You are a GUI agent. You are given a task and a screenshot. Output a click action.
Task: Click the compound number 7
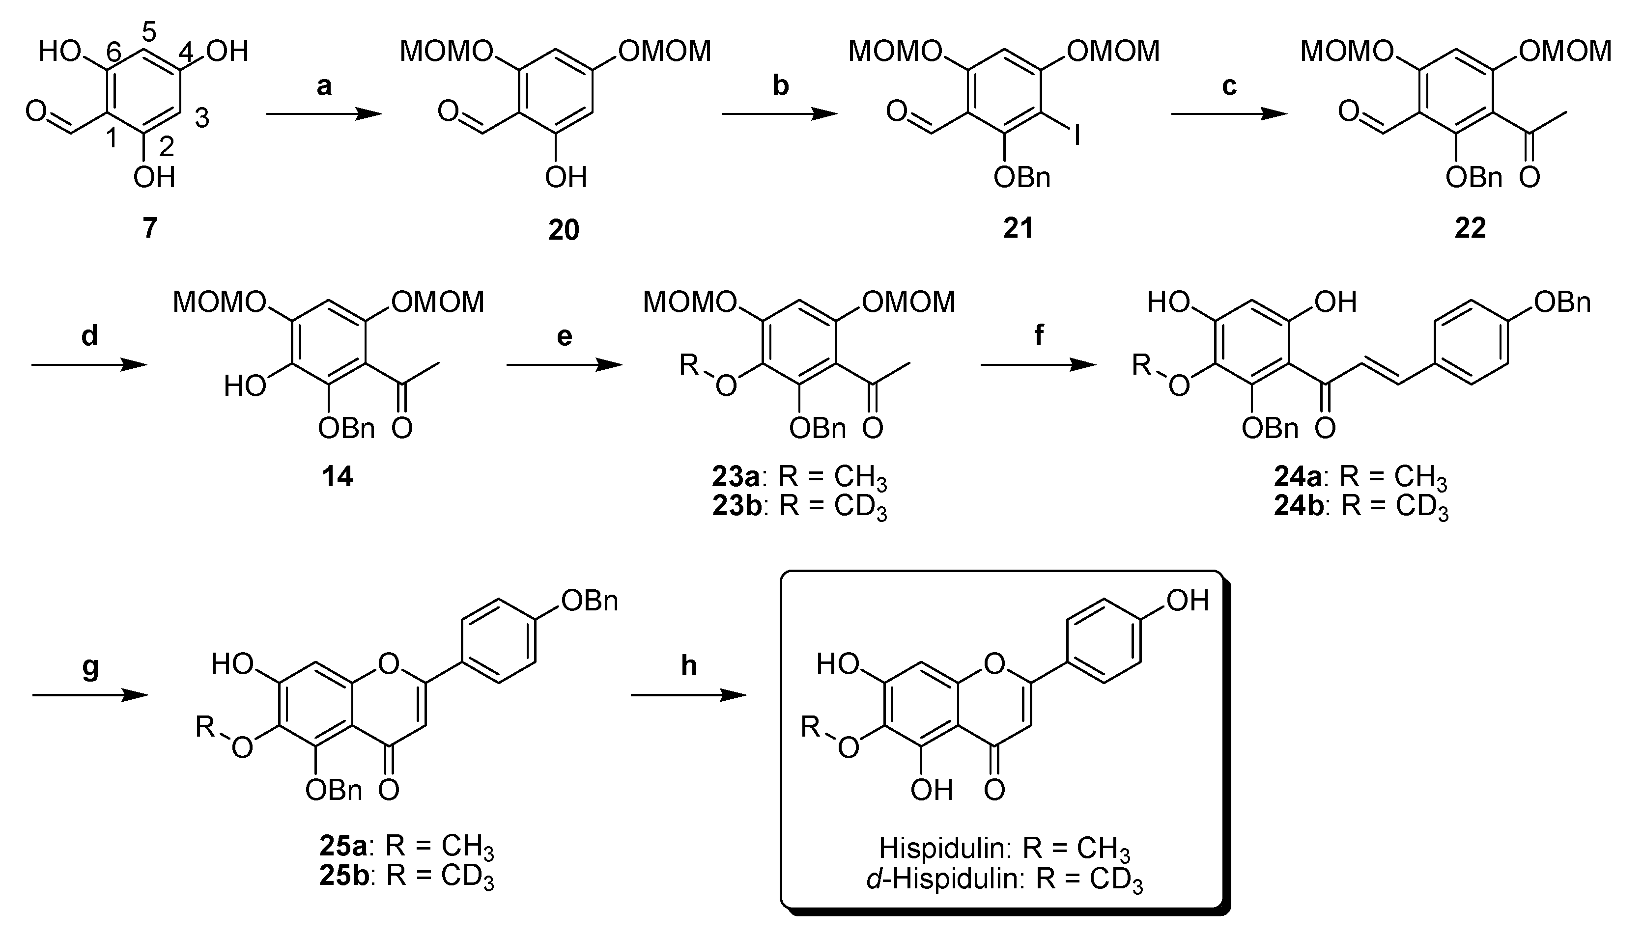(150, 227)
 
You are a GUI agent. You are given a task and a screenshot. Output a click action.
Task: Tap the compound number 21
(1019, 227)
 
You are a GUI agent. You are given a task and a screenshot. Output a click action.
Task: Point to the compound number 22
(1470, 227)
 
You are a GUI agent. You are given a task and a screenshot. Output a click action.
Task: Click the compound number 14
(337, 476)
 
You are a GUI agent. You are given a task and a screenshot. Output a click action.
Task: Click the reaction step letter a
(324, 86)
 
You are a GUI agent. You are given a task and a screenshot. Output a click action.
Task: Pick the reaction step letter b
(780, 85)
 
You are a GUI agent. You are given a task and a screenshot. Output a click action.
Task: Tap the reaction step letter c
(1229, 86)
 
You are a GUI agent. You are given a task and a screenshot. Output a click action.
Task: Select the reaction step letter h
(688, 666)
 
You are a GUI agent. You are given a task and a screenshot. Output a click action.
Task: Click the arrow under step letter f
(1038, 365)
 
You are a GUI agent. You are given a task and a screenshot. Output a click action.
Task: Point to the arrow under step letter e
(564, 365)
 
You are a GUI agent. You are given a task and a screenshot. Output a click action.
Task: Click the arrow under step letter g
(90, 695)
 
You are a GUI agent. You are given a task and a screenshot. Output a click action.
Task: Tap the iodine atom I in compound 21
(1076, 136)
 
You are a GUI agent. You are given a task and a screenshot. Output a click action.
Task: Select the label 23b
(737, 506)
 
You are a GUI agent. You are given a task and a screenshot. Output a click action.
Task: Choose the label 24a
(1298, 476)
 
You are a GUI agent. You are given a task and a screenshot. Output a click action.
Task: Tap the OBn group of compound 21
(1021, 177)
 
